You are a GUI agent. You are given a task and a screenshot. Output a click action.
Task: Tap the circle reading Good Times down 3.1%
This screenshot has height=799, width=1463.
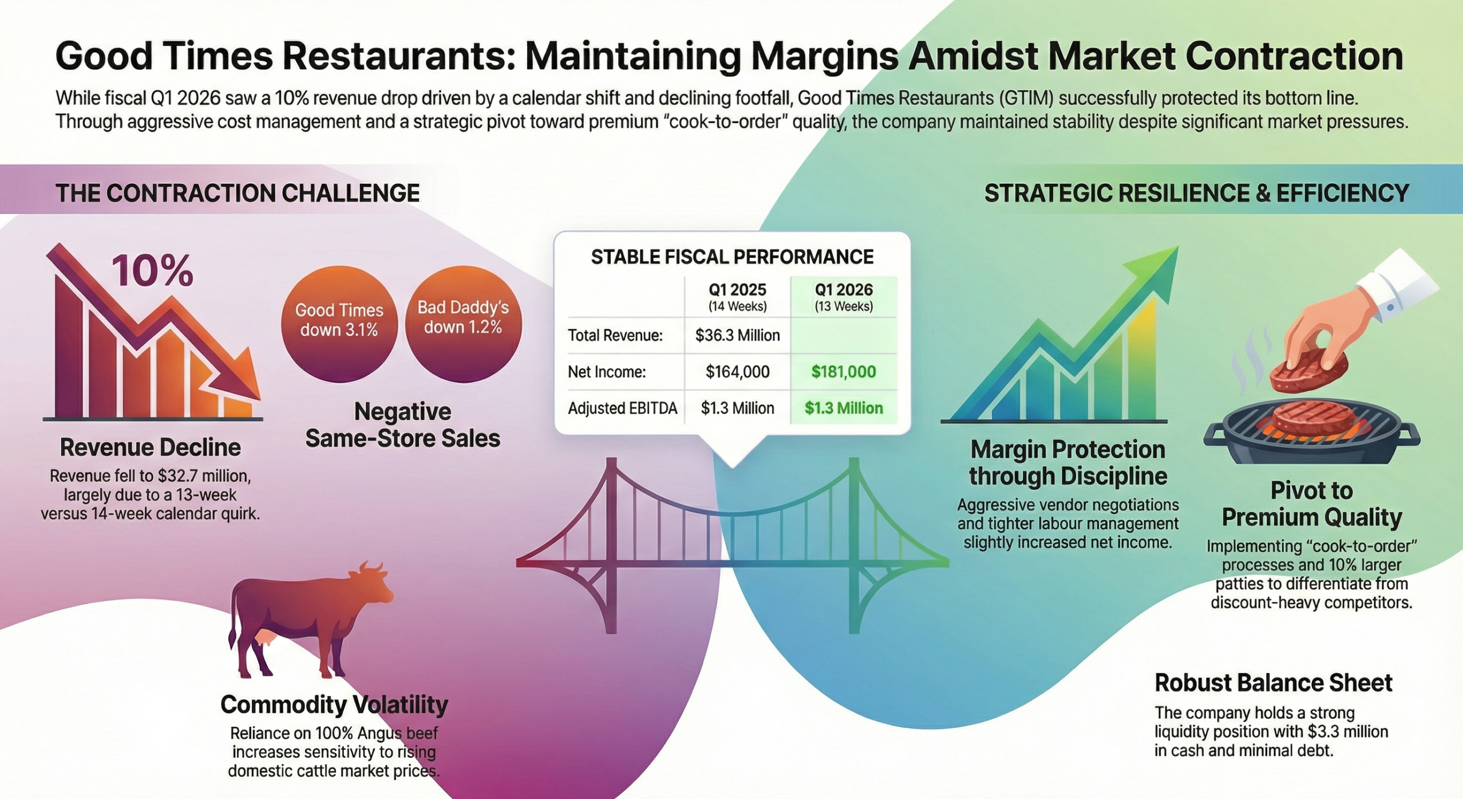pyautogui.click(x=339, y=324)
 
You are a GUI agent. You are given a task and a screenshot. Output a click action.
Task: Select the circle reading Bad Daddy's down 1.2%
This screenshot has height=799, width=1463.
pyautogui.click(x=463, y=324)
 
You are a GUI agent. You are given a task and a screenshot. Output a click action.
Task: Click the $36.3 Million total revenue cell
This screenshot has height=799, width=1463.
pyautogui.click(x=737, y=335)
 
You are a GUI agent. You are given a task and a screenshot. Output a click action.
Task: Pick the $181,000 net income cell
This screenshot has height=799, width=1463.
pyautogui.click(x=843, y=372)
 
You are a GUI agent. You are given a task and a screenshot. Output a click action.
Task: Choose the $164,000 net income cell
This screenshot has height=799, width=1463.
pyautogui.click(x=737, y=372)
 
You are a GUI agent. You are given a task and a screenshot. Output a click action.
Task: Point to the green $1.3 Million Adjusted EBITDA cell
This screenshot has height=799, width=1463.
pyautogui.click(x=843, y=408)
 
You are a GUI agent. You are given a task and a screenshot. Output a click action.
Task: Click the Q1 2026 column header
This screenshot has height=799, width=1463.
pyautogui.click(x=844, y=297)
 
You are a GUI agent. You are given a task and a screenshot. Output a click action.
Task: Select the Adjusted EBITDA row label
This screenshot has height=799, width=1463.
pyautogui.click(x=622, y=408)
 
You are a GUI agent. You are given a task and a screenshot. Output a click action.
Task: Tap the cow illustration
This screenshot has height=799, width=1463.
pyautogui.click(x=309, y=621)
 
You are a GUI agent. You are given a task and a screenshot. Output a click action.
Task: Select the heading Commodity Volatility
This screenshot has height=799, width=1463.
pyautogui.click(x=334, y=704)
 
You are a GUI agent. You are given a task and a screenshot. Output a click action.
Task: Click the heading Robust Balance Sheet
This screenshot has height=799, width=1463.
pyautogui.click(x=1274, y=683)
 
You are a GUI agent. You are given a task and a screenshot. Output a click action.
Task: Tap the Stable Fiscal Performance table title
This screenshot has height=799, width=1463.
pyautogui.click(x=732, y=257)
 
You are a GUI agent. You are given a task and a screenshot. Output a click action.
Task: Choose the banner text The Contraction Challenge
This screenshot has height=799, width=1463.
pyautogui.click(x=238, y=193)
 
